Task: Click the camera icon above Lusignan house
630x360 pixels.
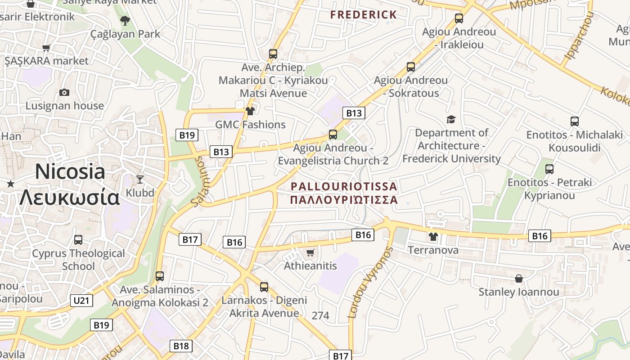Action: tap(64, 92)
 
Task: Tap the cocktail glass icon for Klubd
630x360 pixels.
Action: tap(140, 179)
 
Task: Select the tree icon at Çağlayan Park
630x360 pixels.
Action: tap(125, 20)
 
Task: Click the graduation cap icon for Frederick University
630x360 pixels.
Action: tap(451, 119)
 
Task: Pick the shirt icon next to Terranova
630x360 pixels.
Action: tap(433, 236)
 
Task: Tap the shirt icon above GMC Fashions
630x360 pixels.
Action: tap(250, 111)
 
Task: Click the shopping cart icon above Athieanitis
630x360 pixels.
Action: tap(310, 252)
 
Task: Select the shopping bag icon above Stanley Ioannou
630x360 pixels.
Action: tap(519, 279)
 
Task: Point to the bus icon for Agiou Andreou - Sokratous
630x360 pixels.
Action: tap(410, 67)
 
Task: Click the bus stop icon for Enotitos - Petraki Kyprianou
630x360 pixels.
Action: tap(549, 169)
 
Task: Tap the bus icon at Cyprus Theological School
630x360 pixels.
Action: tap(78, 240)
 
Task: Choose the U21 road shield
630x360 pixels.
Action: tap(81, 300)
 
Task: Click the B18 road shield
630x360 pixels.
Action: tap(181, 346)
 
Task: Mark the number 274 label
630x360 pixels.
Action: tap(320, 315)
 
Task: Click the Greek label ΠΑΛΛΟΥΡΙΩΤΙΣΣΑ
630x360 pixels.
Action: tap(344, 199)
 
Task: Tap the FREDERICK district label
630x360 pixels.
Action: tap(364, 14)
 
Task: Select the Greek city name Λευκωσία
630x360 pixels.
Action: tap(70, 197)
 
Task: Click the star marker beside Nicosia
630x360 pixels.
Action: tap(11, 184)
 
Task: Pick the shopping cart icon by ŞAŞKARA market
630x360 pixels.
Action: tap(46, 48)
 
